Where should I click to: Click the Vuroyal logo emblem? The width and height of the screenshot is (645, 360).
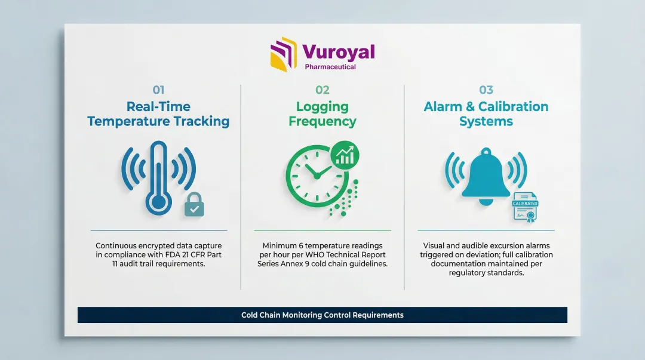284,54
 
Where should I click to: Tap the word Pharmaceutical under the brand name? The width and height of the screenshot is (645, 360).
330,67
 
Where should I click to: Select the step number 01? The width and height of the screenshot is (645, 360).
158,90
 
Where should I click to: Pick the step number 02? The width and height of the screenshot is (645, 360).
322,90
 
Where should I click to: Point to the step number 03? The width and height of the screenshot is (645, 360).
486,90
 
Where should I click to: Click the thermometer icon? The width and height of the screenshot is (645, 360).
158,178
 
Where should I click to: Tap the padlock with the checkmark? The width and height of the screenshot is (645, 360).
194,205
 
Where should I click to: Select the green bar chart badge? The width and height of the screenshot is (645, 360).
345,155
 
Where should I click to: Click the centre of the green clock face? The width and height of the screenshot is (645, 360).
317,176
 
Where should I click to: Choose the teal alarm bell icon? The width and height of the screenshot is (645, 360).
486,176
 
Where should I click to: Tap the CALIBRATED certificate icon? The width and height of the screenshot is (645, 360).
526,207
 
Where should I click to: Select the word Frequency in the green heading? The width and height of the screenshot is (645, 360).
322,122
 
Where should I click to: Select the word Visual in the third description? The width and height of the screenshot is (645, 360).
434,245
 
